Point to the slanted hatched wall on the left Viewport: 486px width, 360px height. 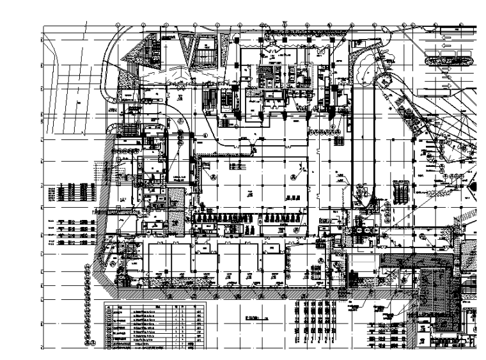tap(102, 269)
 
